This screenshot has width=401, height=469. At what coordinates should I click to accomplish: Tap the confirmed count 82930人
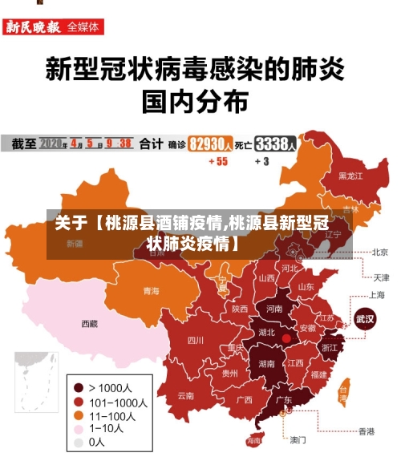(x=211, y=144)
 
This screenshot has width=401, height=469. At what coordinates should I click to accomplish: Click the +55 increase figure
(x=217, y=161)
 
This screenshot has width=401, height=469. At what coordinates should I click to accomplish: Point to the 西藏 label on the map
(x=89, y=324)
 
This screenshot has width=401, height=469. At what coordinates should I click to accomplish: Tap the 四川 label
(x=195, y=340)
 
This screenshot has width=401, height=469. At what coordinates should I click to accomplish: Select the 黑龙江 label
(x=350, y=175)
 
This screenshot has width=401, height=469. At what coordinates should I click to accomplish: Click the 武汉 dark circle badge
(x=366, y=319)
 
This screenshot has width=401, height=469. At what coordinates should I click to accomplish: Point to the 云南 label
(x=186, y=394)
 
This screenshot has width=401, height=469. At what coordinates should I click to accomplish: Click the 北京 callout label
(x=380, y=252)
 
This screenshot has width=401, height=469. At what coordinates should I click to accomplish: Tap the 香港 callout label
(x=366, y=431)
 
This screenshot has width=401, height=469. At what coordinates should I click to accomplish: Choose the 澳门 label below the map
(x=298, y=439)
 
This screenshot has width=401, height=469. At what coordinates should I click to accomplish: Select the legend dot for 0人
(x=79, y=442)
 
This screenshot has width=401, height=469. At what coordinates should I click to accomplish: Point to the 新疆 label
(x=74, y=243)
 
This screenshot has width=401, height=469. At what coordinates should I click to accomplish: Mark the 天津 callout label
(x=380, y=277)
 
